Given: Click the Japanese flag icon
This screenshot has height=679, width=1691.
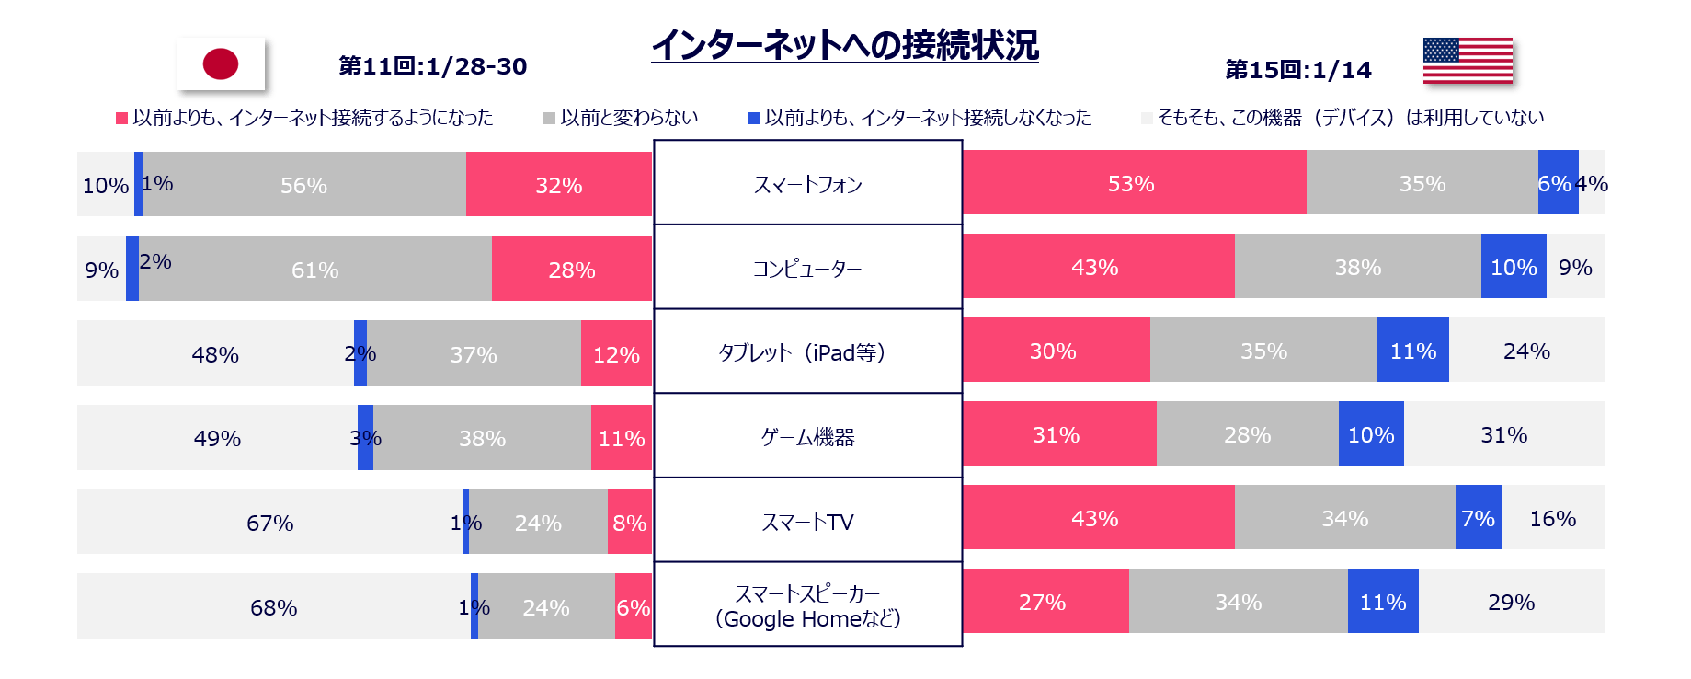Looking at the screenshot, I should point(223,65).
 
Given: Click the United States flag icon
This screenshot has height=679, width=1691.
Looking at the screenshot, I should point(1470,63).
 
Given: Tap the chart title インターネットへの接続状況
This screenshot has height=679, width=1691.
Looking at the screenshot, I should point(845,45).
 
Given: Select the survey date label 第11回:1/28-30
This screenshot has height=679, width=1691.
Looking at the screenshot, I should point(433,66).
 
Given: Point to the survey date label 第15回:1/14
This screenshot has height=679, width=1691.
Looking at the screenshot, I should point(1298,70).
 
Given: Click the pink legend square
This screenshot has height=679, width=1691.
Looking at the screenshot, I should point(121,118).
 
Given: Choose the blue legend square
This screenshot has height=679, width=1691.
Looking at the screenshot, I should point(754,118).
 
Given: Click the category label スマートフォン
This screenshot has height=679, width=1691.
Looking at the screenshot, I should point(808,184).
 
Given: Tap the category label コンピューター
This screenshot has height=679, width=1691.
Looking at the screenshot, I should point(808,269).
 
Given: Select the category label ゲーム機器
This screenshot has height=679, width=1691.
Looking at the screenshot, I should point(808,437).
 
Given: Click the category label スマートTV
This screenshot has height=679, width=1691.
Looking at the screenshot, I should point(808,522).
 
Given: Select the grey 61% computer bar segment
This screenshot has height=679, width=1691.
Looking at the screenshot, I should point(315,270).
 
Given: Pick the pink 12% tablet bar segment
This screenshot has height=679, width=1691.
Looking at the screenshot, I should point(616,353).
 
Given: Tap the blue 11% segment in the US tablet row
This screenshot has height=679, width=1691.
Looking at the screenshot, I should point(1412,351).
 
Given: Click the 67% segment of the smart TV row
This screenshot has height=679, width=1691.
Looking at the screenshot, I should point(270,523).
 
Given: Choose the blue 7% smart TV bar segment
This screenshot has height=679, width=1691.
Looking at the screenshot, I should point(1478,518).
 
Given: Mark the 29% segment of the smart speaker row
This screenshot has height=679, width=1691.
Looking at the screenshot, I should point(1512,602).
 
